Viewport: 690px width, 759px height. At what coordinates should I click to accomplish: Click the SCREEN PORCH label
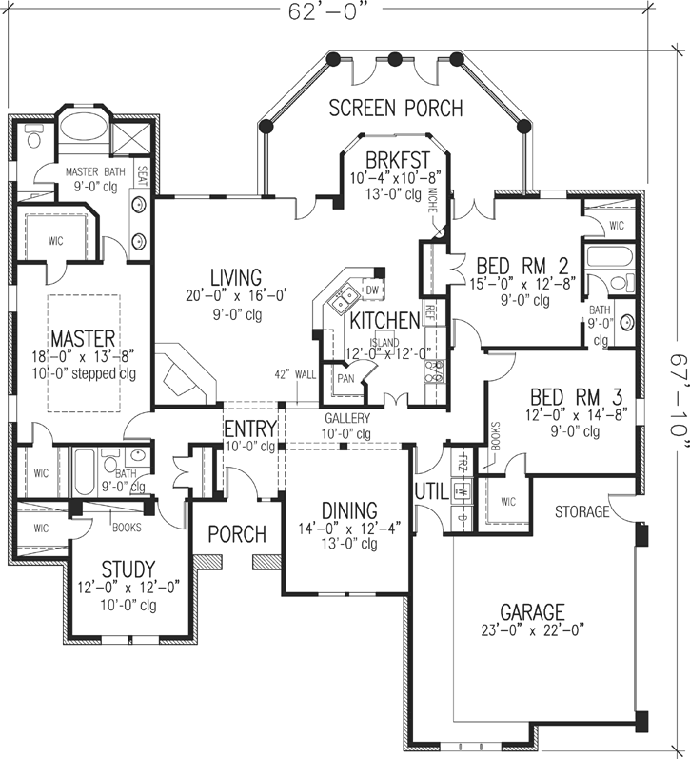coord(395,108)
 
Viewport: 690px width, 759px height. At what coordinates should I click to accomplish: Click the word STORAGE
coord(582,512)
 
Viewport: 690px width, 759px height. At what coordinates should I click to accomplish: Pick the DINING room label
coord(349,511)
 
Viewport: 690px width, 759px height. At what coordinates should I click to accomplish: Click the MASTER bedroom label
coord(83,338)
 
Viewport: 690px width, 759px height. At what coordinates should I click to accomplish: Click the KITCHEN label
coord(384,319)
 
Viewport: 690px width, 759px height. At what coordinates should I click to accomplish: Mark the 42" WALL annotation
coord(293,374)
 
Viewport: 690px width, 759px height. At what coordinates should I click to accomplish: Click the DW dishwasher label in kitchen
coord(372,289)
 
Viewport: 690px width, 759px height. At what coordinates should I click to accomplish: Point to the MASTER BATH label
coord(94,171)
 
